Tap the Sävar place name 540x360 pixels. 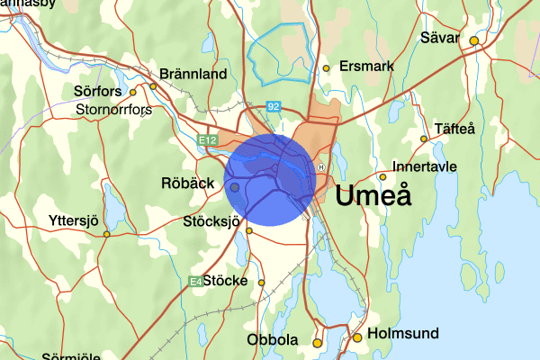click(439, 39)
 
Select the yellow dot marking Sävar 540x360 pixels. click(473, 40)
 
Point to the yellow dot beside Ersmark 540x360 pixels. click(327, 67)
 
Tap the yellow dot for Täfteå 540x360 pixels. click(424, 139)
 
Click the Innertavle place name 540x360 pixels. click(426, 166)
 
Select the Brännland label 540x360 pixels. click(193, 75)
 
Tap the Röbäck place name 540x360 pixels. click(187, 183)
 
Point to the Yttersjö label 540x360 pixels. click(76, 220)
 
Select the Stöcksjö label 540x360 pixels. click(212, 220)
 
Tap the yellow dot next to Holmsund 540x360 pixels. click(357, 338)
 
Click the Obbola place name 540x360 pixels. click(272, 340)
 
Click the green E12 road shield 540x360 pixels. click(208, 139)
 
